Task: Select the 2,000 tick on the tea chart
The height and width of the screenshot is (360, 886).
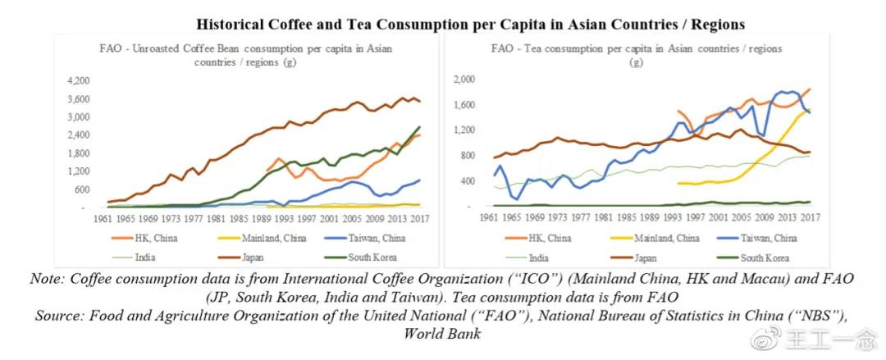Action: point(464,79)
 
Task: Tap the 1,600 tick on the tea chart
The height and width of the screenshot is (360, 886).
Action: point(464,105)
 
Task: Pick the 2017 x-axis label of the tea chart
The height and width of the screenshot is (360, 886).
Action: point(810,217)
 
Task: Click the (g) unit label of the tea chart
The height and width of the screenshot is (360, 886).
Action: point(637,62)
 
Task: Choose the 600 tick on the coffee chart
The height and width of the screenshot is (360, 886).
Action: point(84,189)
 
